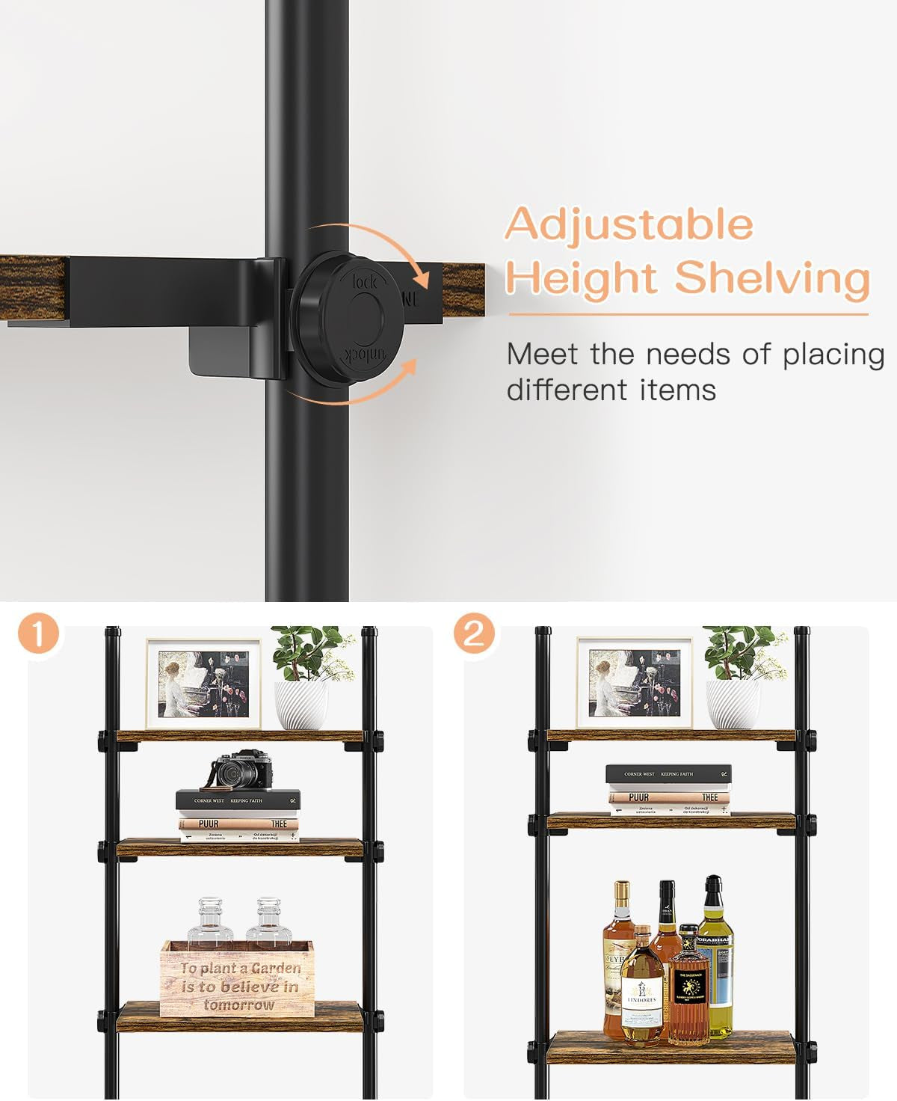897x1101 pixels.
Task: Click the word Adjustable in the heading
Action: pyautogui.click(x=629, y=224)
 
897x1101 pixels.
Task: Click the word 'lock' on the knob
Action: pyautogui.click(x=364, y=283)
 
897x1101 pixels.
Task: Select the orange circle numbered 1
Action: pyautogui.click(x=38, y=635)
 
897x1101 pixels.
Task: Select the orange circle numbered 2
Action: pyautogui.click(x=474, y=635)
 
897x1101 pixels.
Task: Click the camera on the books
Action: pyautogui.click(x=241, y=770)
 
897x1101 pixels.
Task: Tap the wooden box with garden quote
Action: pyautogui.click(x=237, y=978)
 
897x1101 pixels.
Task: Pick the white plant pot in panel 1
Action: pyautogui.click(x=300, y=705)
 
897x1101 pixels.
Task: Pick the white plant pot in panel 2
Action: pyautogui.click(x=733, y=705)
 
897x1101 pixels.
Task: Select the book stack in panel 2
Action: pyautogui.click(x=668, y=789)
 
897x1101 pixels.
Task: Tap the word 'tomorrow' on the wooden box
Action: pyautogui.click(x=238, y=1005)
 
